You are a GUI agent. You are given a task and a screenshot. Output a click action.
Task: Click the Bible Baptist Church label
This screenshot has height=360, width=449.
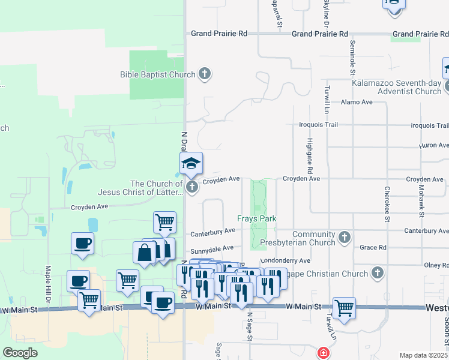point(157,74)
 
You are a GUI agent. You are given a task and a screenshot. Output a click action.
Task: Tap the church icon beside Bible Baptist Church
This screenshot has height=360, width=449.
point(205,74)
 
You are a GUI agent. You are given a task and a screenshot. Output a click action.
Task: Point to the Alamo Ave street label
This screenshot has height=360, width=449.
point(357,103)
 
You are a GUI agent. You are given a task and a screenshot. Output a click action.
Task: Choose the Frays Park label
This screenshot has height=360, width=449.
point(256,219)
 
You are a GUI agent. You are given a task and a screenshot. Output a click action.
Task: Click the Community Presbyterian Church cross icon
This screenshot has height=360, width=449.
point(345,238)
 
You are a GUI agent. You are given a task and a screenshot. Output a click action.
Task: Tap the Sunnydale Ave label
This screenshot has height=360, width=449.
point(212,248)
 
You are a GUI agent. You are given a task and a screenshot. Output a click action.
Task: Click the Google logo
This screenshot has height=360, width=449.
point(20,353)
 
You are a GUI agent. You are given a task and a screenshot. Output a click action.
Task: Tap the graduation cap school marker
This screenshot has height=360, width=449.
point(191,163)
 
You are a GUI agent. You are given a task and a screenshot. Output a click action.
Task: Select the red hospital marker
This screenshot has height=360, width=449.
point(324,353)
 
